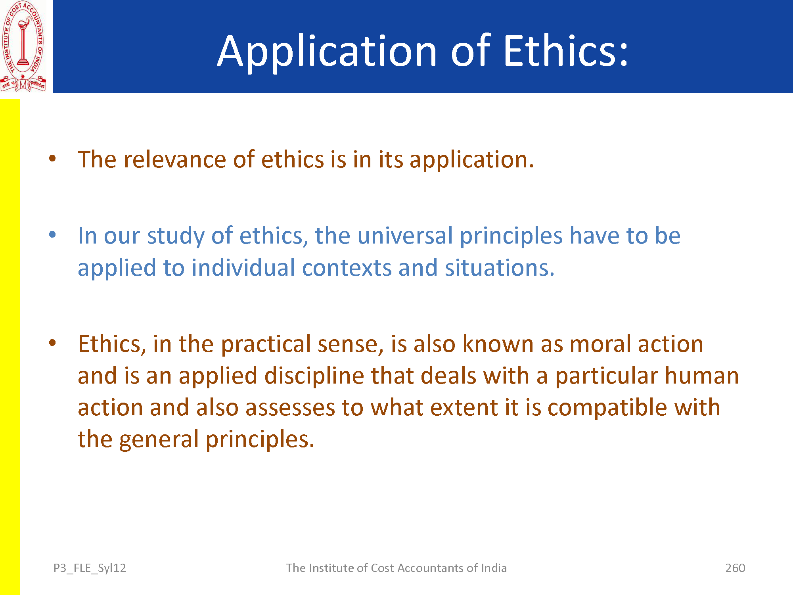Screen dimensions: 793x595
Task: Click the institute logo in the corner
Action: click(x=23, y=46)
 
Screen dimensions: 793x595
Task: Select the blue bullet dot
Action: click(x=52, y=234)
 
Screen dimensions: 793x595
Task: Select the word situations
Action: click(x=500, y=268)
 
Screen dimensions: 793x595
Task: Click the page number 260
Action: click(x=735, y=568)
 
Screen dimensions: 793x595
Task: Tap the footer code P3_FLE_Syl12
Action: click(x=90, y=568)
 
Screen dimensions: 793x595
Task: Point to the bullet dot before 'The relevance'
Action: click(x=52, y=159)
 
